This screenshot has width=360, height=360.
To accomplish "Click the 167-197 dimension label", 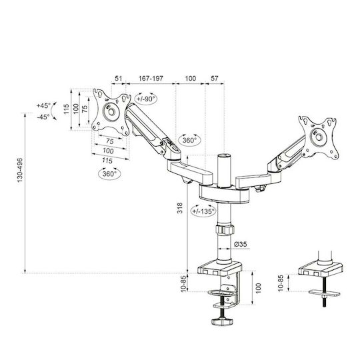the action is point(151,79).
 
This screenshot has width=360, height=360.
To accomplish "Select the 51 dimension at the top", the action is point(119,79).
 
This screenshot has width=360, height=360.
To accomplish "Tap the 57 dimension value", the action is point(214,79).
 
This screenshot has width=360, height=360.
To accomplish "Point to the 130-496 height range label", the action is point(20,170).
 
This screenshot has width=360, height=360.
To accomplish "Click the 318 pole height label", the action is point(180,208).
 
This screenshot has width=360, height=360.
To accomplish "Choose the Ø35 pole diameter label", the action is point(241,244).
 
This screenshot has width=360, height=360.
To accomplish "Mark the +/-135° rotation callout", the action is point(203,211).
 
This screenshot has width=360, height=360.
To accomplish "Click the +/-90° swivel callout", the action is point(146,99).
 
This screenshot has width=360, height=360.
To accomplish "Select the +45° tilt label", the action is point(43,105).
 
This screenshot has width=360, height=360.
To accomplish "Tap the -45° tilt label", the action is point(43,117).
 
